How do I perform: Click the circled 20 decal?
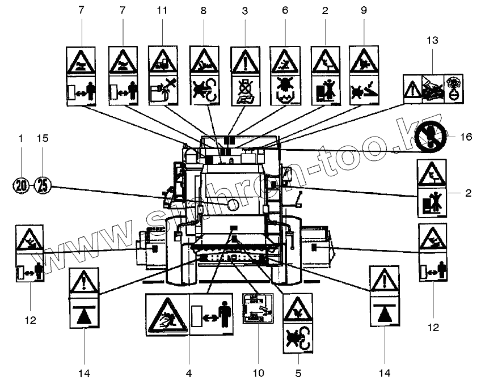tap(20, 185)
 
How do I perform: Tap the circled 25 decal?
tap(43, 185)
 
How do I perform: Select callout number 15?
tap(43, 138)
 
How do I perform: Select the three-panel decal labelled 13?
tap(433, 88)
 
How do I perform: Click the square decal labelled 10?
tap(258, 308)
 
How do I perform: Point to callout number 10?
tap(258, 373)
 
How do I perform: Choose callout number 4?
tap(189, 373)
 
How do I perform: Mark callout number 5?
tap(298, 373)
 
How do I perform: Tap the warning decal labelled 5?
tap(298, 323)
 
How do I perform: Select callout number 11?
tap(162, 11)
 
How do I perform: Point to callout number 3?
tap(244, 11)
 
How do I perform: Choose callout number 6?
tap(285, 11)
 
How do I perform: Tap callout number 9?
tap(364, 11)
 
